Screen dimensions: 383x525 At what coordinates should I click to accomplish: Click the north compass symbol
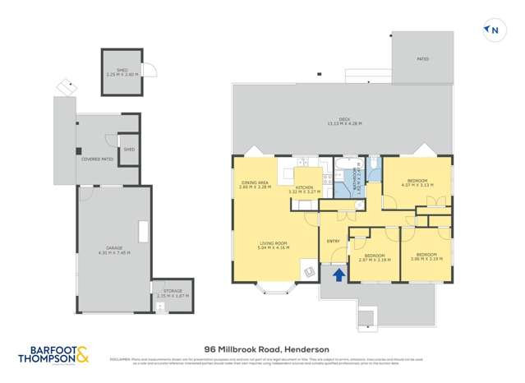click(493, 31)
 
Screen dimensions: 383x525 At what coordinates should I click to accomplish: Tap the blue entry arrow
click(336, 275)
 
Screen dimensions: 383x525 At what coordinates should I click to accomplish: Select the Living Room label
click(274, 246)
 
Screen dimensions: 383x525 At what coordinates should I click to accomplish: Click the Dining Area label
click(255, 185)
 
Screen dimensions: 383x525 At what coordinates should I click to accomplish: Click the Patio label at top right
click(423, 59)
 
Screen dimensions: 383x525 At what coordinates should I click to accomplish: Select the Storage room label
click(172, 293)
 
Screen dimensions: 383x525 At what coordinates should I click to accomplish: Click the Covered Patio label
click(97, 159)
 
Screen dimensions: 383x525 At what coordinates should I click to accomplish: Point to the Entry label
click(334, 241)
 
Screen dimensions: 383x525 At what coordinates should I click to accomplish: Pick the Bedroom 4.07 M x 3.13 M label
click(417, 182)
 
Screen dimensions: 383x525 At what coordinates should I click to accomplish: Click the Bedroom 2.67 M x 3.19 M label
click(374, 257)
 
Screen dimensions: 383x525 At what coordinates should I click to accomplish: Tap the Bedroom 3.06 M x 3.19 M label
click(426, 256)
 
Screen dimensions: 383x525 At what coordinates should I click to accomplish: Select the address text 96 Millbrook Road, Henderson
click(261, 348)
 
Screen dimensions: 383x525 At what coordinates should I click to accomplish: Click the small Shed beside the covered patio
click(129, 150)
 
